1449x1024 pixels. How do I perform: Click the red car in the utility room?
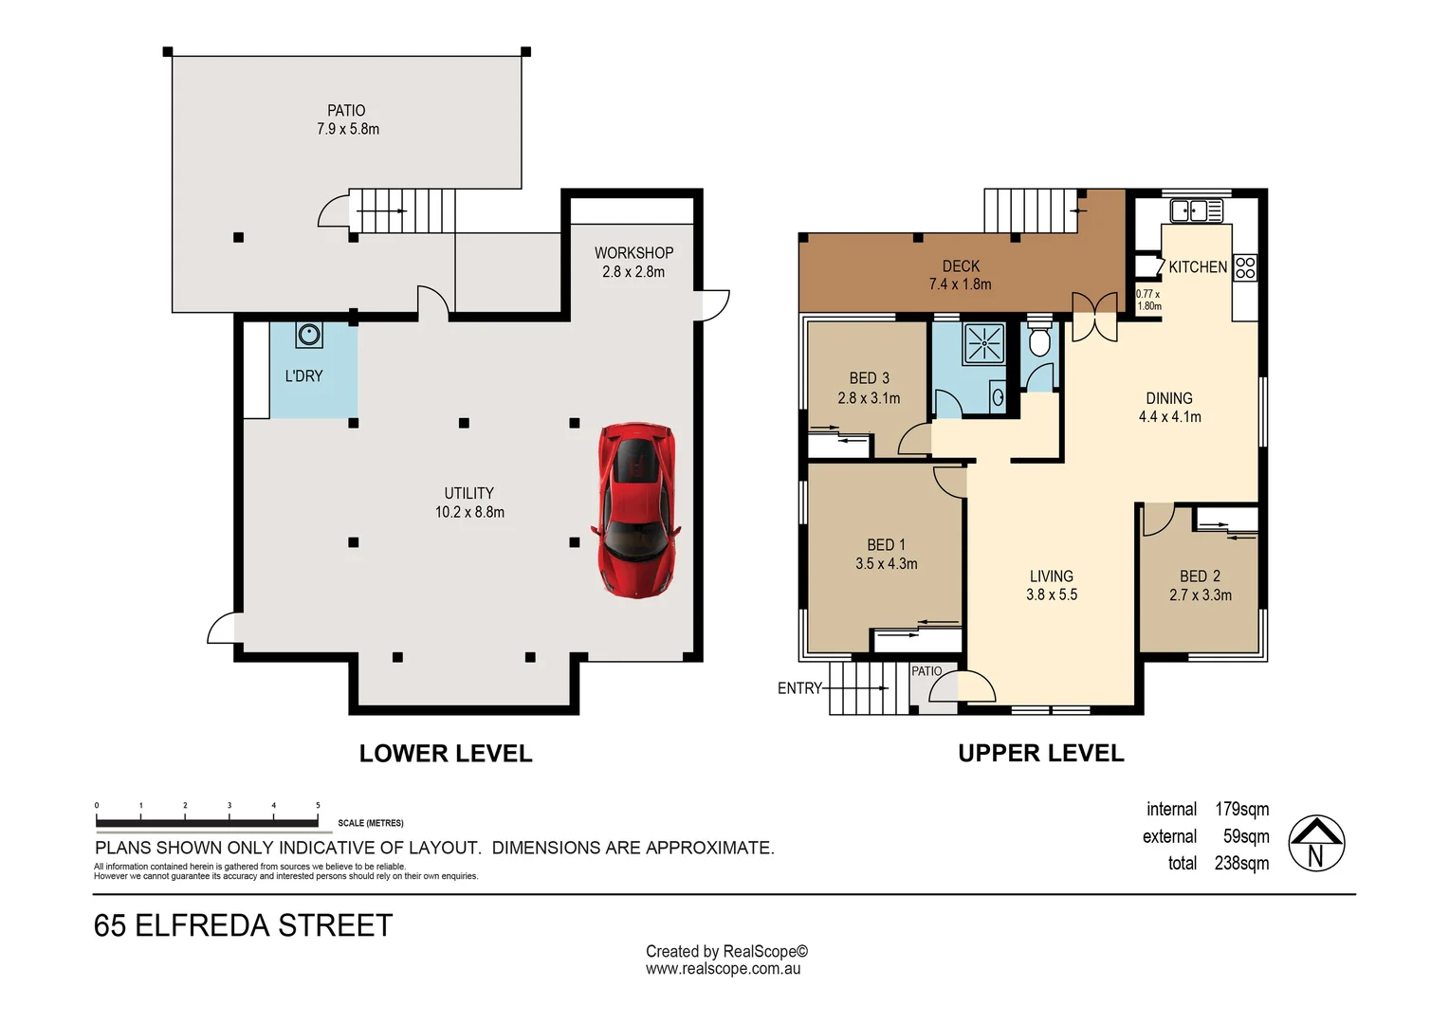(636, 510)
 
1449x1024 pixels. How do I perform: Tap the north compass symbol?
(1316, 843)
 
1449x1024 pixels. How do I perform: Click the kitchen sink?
(1196, 210)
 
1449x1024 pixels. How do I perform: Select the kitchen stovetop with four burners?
(1245, 267)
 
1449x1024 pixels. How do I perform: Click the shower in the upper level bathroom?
(983, 343)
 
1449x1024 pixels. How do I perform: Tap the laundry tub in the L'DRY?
(309, 335)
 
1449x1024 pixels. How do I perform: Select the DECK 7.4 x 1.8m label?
(960, 275)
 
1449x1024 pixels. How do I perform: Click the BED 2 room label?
(1200, 585)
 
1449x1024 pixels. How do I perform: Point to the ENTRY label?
(799, 688)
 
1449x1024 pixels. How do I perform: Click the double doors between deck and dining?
(1094, 316)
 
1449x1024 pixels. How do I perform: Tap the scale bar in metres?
(207, 822)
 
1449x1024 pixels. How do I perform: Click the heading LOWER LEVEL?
(446, 754)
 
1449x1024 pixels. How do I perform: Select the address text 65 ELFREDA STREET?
(244, 925)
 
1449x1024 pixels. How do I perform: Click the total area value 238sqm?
(1241, 864)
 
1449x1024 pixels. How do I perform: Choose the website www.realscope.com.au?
(724, 969)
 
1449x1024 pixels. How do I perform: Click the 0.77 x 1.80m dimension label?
(1148, 300)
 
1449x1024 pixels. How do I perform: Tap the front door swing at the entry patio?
(976, 686)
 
